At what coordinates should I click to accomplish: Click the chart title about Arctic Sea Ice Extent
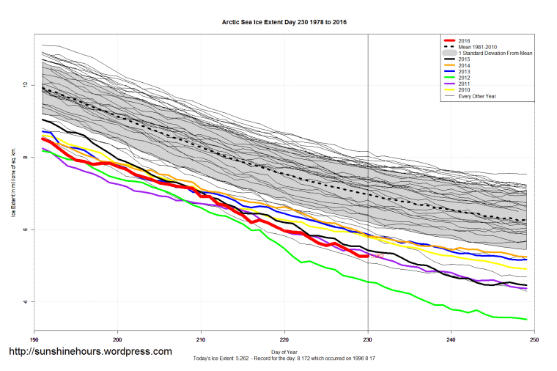[x=284, y=23]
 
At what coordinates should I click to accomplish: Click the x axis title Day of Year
[x=284, y=352]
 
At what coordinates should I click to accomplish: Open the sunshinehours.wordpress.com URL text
[x=90, y=352]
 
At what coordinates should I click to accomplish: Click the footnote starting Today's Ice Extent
[x=284, y=359]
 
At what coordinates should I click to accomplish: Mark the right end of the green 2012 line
[x=527, y=319]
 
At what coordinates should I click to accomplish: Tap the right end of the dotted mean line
[x=527, y=221]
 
